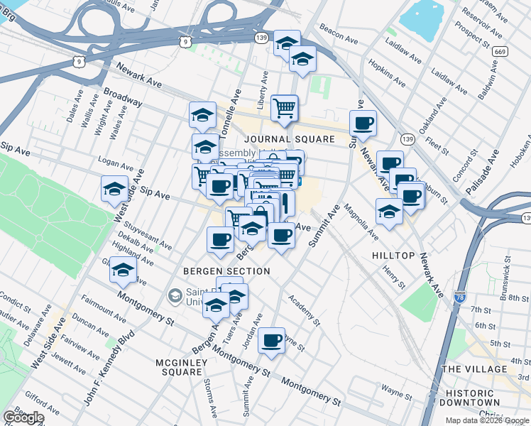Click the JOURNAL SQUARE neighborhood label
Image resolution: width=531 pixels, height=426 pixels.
click(x=290, y=139)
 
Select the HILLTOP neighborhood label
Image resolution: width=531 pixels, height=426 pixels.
click(x=393, y=255)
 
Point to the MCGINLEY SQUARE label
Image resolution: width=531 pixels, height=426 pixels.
click(x=180, y=367)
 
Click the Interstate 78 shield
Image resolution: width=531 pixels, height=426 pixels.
click(x=460, y=297)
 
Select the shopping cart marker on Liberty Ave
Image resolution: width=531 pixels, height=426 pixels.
click(x=285, y=109)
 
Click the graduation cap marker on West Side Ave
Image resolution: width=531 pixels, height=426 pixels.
click(x=114, y=190)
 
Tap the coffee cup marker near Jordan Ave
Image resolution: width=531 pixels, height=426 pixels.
click(x=271, y=342)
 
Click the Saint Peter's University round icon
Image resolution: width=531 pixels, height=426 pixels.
click(x=175, y=295)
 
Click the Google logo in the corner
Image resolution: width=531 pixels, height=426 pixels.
click(x=23, y=417)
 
